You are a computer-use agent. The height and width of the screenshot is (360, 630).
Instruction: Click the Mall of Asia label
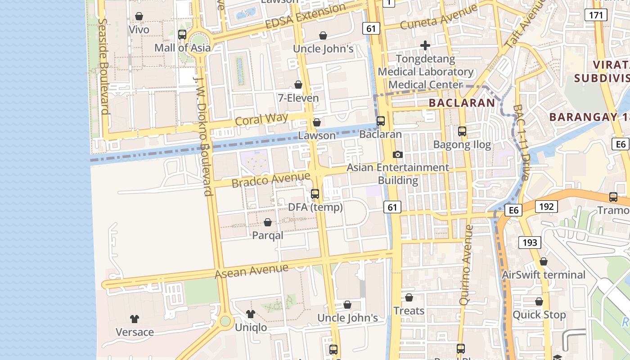point(182,48)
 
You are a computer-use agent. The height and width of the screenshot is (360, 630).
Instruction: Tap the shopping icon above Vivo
point(139,17)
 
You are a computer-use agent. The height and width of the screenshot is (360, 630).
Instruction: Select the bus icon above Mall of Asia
point(182,34)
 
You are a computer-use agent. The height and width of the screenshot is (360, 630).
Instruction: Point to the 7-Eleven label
point(298,98)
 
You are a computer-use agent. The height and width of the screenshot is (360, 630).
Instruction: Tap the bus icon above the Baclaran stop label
point(381,121)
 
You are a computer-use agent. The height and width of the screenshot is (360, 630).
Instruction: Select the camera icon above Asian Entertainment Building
point(398,154)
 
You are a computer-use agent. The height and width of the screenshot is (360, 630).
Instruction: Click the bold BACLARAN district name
point(462,103)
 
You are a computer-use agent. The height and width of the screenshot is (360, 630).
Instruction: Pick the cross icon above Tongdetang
point(425,45)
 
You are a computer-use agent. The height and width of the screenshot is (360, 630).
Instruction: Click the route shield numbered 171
point(596,15)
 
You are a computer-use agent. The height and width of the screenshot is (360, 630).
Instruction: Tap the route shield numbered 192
point(546,207)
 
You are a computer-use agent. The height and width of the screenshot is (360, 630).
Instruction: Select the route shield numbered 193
point(530,243)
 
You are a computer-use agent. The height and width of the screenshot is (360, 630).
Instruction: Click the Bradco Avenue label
point(271,180)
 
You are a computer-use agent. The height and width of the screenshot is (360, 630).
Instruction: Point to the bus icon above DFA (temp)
point(315,194)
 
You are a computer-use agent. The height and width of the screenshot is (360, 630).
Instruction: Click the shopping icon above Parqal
point(268,222)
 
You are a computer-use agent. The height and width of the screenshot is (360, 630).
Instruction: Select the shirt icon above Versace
point(135,319)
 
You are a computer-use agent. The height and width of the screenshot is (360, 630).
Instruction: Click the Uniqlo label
point(251,327)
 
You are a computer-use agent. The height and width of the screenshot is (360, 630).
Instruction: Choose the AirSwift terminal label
point(543,274)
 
